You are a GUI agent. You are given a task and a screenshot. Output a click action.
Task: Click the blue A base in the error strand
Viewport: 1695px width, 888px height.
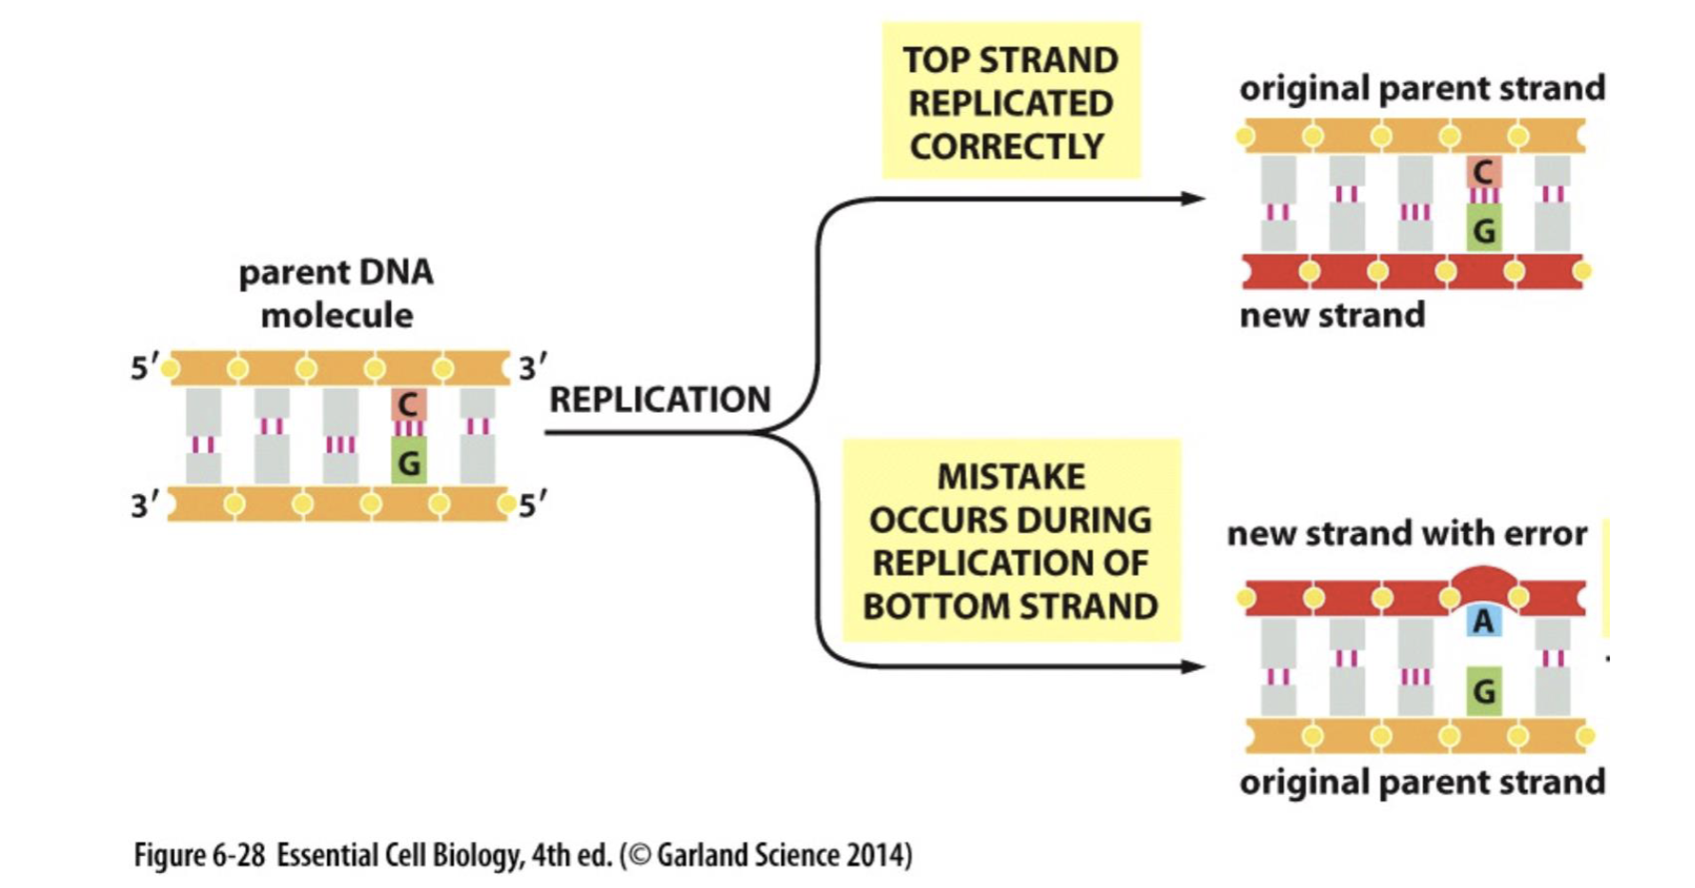coord(1483,621)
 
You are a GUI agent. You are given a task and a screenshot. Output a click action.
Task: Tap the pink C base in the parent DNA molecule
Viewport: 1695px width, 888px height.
coord(408,404)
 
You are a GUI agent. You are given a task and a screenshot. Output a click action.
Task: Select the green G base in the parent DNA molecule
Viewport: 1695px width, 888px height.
coord(408,463)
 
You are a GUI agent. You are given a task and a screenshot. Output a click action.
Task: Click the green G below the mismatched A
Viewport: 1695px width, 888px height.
coord(1483,692)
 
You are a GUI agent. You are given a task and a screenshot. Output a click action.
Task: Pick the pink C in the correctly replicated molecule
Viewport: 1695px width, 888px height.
coord(1483,172)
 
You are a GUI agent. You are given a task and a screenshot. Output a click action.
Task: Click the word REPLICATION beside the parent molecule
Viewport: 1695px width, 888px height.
coord(660,400)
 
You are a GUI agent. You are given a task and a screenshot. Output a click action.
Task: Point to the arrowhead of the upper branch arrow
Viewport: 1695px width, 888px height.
coord(1194,199)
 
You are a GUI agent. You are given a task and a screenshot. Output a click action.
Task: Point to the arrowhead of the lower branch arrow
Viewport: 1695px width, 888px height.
coord(1194,666)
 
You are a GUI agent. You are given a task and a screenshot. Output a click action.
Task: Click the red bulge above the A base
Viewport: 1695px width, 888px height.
coord(1483,580)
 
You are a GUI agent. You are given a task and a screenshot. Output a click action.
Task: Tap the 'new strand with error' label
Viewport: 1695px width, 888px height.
coord(1406,534)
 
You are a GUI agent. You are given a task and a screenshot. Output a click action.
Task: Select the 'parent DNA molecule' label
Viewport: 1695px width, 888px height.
coord(336,293)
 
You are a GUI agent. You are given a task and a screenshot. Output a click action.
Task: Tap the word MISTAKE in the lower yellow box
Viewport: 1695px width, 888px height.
coord(1010,477)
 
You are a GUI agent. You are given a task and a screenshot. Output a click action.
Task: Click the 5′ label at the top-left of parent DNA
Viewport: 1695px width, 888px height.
coord(144,368)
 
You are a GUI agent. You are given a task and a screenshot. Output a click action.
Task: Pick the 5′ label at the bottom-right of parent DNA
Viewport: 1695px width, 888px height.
coord(532,506)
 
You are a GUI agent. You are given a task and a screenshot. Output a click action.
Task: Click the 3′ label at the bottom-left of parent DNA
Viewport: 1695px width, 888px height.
coord(144,506)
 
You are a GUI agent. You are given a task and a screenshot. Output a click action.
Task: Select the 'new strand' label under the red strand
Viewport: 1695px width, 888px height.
coord(1331,315)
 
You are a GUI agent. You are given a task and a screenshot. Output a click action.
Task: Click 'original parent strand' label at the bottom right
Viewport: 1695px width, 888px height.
coord(1421,783)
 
